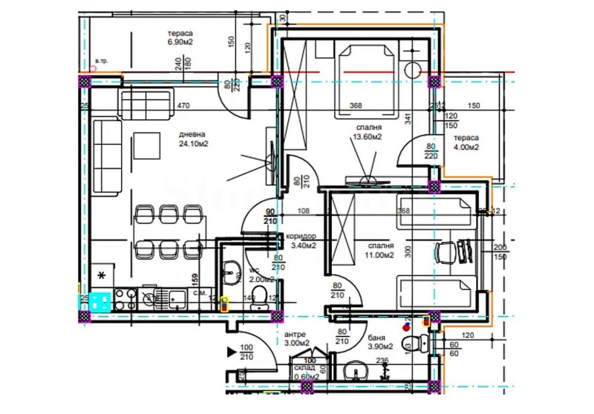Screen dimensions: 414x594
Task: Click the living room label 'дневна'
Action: [x=193, y=134]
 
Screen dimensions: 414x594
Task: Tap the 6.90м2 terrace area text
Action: [x=180, y=42]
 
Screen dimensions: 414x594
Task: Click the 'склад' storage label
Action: [x=304, y=367]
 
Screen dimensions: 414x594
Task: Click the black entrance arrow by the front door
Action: [x=232, y=349]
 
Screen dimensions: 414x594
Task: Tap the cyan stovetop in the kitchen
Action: [x=99, y=300]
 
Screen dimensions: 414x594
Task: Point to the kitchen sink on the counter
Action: [x=176, y=300]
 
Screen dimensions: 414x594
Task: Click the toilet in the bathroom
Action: [x=411, y=344]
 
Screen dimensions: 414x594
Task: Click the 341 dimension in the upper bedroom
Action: [x=407, y=116]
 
